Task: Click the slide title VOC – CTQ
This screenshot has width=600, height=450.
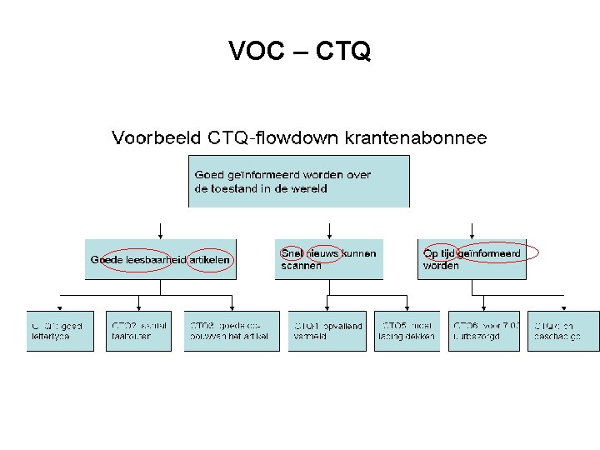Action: click(x=300, y=52)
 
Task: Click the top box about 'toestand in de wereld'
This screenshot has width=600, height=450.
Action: click(x=299, y=181)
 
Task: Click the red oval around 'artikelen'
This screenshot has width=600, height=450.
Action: click(x=211, y=260)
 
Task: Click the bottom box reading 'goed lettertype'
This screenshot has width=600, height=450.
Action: click(x=60, y=331)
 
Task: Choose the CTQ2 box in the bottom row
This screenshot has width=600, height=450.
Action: click(x=139, y=331)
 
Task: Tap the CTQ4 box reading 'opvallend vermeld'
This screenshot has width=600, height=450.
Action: click(x=327, y=331)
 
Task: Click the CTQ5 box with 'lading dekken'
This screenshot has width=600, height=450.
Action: click(x=406, y=331)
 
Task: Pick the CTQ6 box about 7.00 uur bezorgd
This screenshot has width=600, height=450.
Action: click(x=484, y=331)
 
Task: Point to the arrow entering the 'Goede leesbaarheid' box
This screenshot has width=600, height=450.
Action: click(x=161, y=231)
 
